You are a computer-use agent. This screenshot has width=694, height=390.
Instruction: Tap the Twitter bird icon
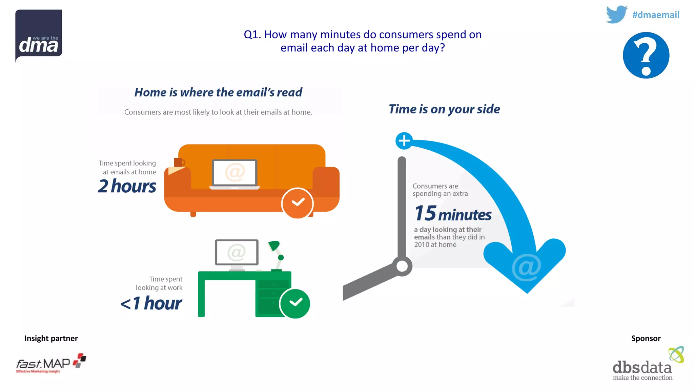click(616, 14)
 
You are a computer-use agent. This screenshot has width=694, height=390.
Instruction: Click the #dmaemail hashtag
click(656, 15)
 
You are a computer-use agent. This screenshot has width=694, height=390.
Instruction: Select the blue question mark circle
click(646, 55)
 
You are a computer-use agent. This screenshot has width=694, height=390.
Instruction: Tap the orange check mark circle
click(298, 203)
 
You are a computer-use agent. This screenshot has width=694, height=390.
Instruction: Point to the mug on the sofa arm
click(179, 162)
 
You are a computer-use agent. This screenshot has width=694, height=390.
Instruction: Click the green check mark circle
click(295, 303)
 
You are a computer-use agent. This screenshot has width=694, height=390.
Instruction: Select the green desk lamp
click(276, 251)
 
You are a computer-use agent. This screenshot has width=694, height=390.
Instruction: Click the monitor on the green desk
click(237, 253)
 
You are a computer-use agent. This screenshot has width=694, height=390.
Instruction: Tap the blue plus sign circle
click(404, 141)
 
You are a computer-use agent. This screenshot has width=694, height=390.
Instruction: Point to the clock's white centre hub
click(402, 266)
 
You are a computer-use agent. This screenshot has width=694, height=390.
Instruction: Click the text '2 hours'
click(127, 186)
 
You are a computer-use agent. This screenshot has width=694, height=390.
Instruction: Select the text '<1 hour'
click(151, 303)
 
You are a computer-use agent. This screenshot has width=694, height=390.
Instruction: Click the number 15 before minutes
click(425, 213)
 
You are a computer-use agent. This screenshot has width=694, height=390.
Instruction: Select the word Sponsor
click(646, 338)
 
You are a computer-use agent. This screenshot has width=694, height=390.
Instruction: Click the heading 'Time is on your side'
click(444, 109)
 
